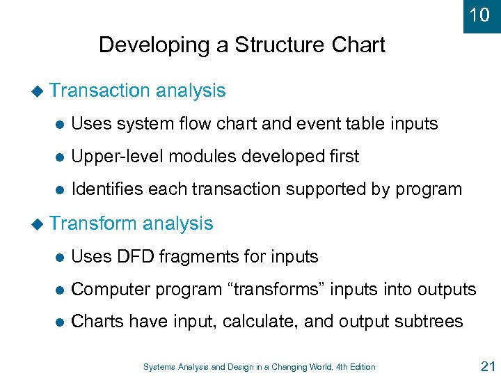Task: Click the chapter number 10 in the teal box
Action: (x=479, y=15)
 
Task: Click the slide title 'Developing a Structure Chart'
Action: (x=241, y=45)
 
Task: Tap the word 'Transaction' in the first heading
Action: (x=100, y=91)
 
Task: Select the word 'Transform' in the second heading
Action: (x=94, y=224)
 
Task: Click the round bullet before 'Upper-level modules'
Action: (x=60, y=157)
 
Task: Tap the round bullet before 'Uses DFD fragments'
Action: (x=60, y=258)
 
